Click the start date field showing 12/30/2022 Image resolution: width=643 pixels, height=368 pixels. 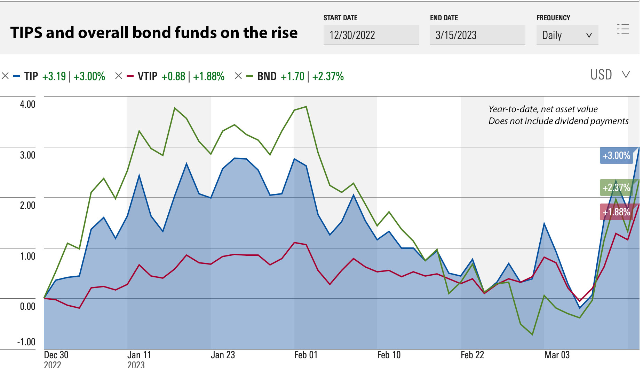[x=371, y=35]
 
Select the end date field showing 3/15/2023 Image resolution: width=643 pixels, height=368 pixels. [x=477, y=35]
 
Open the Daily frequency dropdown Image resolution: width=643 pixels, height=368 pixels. [x=567, y=35]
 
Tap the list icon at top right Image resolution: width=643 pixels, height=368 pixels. [x=623, y=29]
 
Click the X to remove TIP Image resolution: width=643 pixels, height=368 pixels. [x=5, y=76]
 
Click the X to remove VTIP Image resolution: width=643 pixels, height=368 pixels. [x=119, y=76]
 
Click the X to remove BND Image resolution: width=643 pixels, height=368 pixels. [x=238, y=76]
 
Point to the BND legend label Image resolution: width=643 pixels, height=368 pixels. [x=267, y=76]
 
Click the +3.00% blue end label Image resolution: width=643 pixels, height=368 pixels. [x=616, y=155]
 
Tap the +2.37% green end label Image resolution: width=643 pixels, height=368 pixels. [x=616, y=187]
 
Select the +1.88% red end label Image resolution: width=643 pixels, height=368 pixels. [x=616, y=212]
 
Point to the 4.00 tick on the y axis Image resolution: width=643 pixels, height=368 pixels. [x=27, y=104]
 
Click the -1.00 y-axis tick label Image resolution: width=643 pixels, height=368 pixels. [x=26, y=342]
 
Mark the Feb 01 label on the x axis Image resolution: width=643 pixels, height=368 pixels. [x=306, y=355]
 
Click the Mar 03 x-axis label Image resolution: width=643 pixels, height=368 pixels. [x=557, y=355]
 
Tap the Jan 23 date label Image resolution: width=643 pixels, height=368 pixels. [x=223, y=355]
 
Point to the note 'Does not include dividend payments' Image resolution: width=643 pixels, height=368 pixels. [x=558, y=121]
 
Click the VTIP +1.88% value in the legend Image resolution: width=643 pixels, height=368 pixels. [x=209, y=76]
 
